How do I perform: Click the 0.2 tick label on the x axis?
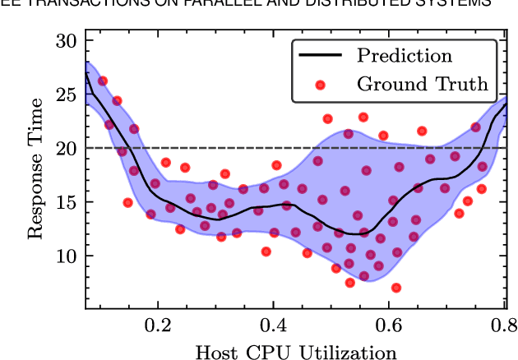(x=158, y=326)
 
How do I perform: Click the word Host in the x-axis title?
(x=214, y=352)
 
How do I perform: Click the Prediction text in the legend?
(x=404, y=56)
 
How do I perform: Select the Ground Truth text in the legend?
(x=422, y=83)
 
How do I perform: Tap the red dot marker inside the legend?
(x=321, y=84)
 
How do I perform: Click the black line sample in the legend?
(x=321, y=57)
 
